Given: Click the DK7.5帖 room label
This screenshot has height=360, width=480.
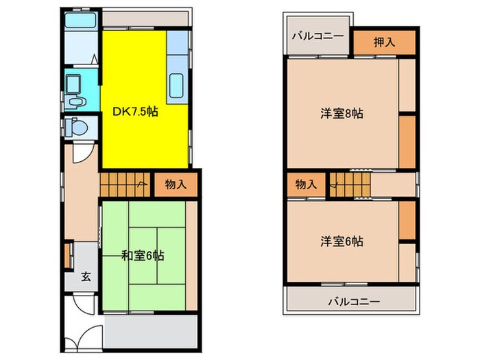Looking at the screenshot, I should point(136,111).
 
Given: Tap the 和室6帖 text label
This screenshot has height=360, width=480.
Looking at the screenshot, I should point(143,255).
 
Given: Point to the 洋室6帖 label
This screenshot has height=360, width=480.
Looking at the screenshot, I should point(341,241).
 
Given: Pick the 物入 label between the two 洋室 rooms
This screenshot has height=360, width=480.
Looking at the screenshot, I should point(306,184).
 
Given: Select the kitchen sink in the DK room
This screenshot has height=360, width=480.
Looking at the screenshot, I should point(177,86).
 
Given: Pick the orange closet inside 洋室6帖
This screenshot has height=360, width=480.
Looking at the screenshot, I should point(407,218).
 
